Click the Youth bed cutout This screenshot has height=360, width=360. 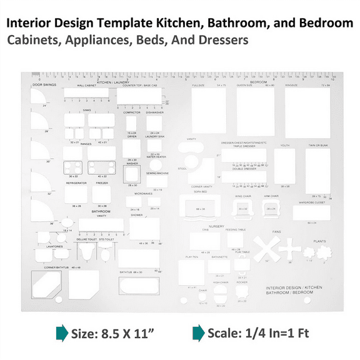(284, 166)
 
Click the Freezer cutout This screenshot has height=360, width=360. (102, 194)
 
